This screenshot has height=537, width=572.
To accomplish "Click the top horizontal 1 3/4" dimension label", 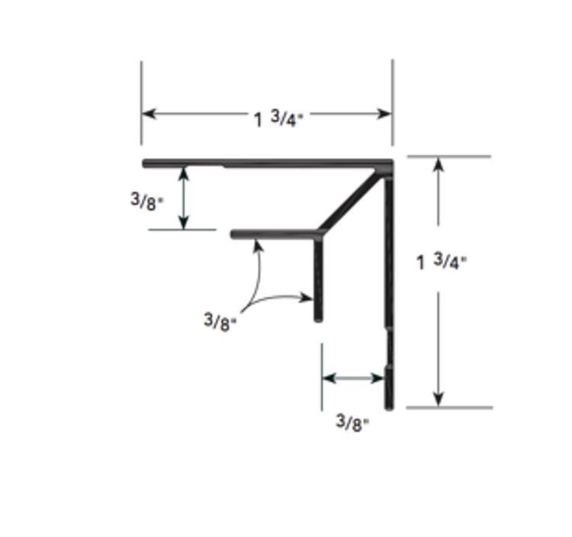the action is [x=278, y=119].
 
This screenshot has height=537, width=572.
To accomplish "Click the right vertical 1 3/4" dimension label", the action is [x=442, y=261].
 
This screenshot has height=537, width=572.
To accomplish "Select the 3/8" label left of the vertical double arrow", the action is [x=147, y=201].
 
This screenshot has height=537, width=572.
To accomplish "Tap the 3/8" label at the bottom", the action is [x=352, y=423].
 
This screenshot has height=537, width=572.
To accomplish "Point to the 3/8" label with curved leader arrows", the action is [x=220, y=322].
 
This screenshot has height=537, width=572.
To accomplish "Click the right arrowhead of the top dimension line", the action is [x=384, y=114].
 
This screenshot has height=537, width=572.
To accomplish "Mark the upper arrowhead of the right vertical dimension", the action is [x=438, y=164].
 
